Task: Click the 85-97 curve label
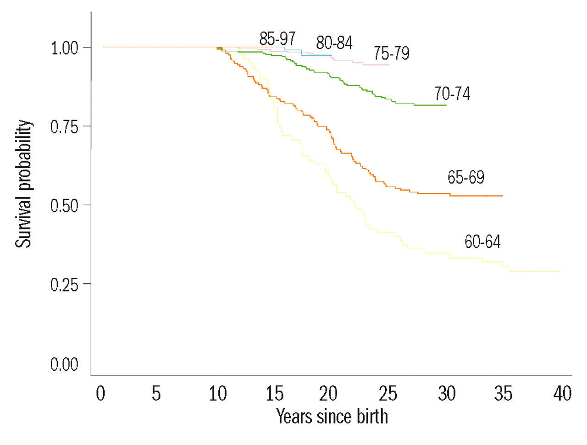tap(277, 38)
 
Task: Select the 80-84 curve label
tap(334, 43)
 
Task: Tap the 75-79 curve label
tap(391, 53)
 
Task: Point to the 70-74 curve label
tap(452, 93)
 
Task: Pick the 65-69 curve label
tap(466, 177)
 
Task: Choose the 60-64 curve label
tap(482, 242)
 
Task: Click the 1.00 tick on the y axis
tap(65, 48)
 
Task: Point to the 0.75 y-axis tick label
tap(65, 127)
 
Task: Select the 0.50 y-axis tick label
tap(65, 206)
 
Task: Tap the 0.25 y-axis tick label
tap(65, 285)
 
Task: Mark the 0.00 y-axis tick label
tap(65, 364)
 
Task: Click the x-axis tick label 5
tap(156, 394)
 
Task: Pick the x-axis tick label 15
tap(274, 394)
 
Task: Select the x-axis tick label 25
tap(388, 394)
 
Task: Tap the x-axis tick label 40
tap(562, 394)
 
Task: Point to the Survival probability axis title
tap(24, 184)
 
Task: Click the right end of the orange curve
tap(502, 196)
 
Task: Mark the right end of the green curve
tap(446, 105)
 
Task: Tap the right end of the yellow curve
tap(559, 271)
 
